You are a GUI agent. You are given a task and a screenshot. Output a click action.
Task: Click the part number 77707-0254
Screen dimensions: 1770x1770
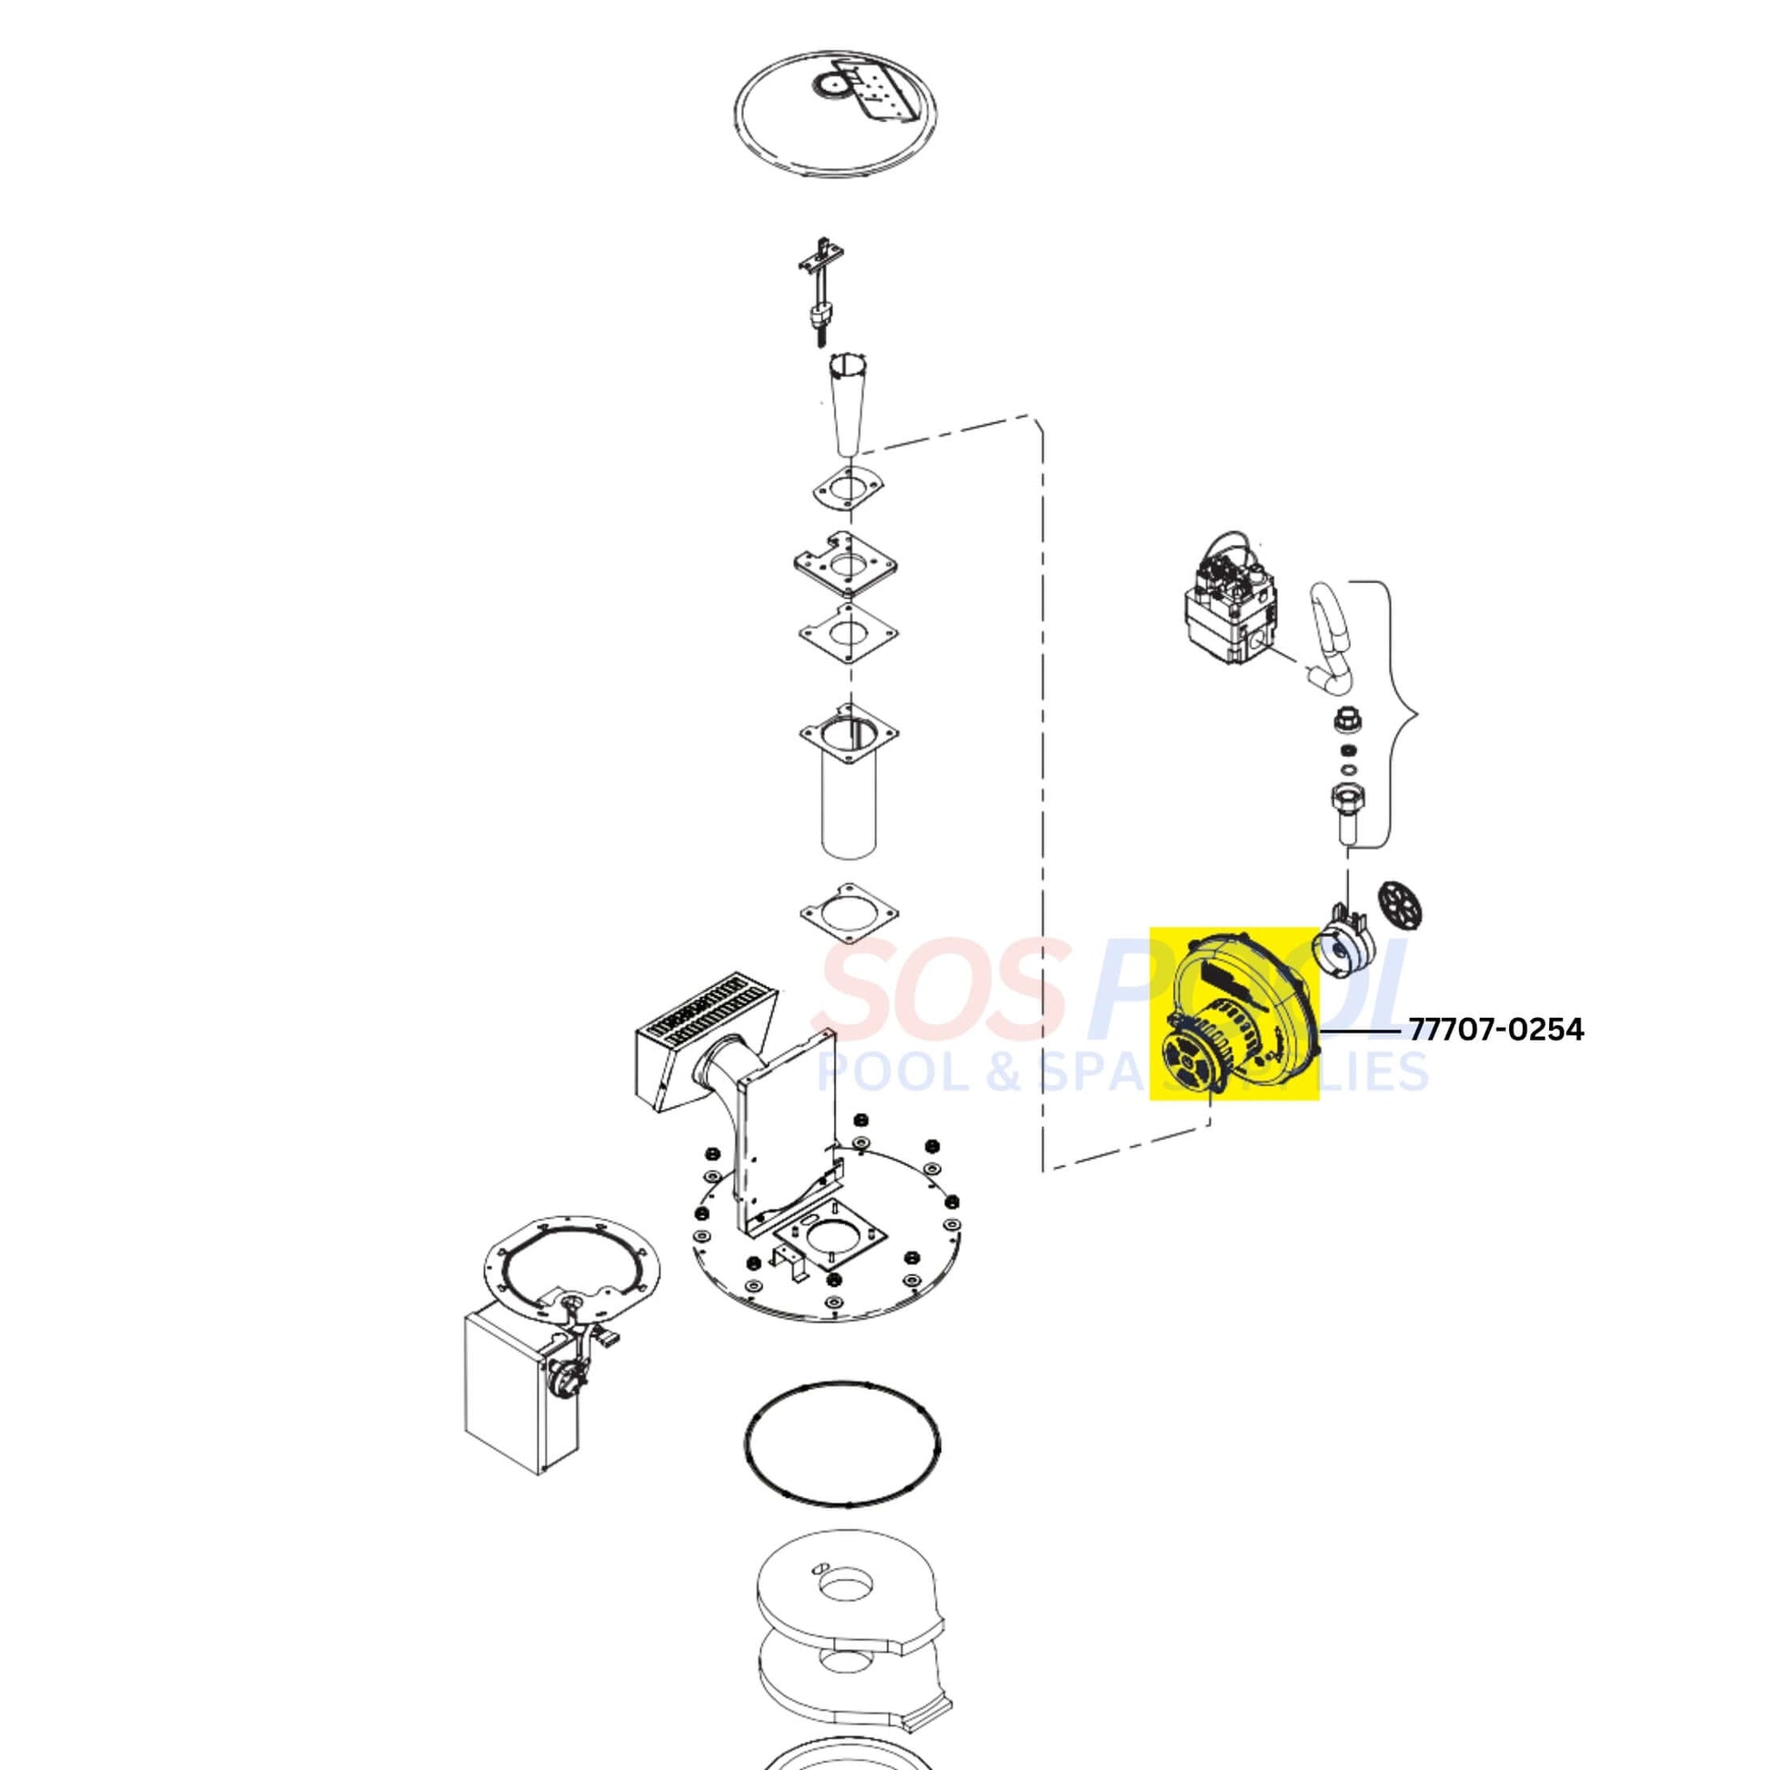click(1496, 1030)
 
